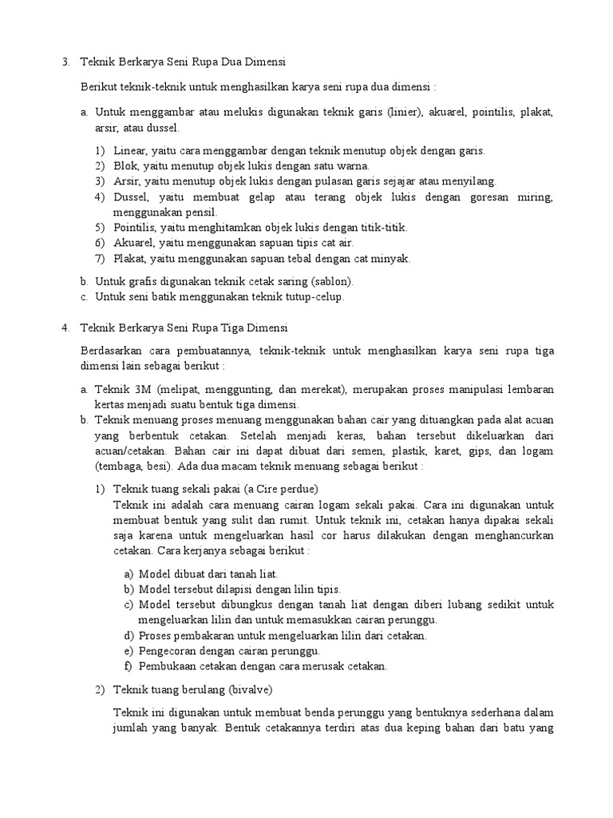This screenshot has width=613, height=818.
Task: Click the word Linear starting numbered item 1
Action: coord(130,150)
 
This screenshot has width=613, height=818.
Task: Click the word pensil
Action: coord(200,212)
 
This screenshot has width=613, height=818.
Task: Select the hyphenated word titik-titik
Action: coord(384,228)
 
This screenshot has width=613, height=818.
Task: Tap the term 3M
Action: coord(142,390)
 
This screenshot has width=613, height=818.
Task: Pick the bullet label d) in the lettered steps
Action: coord(129,636)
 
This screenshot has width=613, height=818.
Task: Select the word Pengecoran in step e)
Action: coord(170,651)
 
